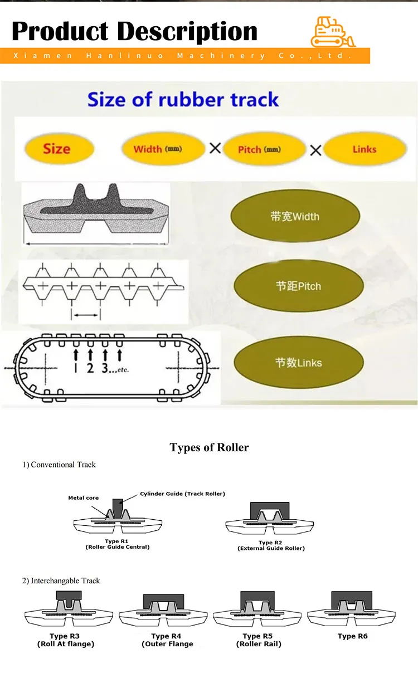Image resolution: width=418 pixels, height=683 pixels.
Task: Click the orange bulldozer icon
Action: point(333,32)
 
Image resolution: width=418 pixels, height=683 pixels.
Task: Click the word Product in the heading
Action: point(60,31)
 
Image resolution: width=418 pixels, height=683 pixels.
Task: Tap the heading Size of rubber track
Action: point(183,100)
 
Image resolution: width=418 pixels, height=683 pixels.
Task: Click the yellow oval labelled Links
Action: point(364,149)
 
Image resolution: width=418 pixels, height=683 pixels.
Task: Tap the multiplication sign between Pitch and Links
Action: point(315,149)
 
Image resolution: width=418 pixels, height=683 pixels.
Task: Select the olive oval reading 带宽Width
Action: point(295,216)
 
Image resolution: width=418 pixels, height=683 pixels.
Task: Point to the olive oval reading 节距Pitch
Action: point(298,286)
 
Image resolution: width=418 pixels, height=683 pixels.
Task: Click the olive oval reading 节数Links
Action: point(298,363)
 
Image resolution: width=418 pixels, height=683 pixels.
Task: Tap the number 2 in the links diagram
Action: point(90,368)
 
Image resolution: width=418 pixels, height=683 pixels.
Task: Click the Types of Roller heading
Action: point(209,447)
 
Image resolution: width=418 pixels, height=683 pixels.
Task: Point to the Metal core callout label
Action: point(84,497)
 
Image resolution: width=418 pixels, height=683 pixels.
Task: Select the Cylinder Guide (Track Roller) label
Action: point(182,494)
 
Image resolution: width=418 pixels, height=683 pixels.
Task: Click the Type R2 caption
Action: point(271,545)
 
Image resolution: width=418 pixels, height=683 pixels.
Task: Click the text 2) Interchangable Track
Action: point(61,580)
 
